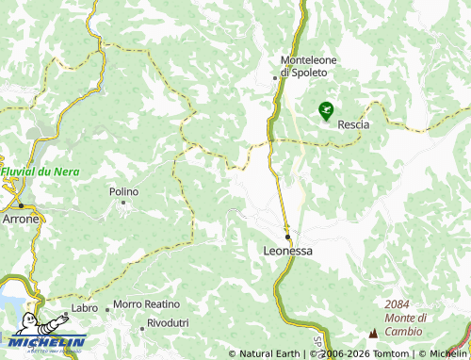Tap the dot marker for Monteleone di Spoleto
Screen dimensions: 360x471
[274, 77]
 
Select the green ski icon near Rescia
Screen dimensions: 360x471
[326, 110]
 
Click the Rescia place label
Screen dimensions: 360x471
[353, 123]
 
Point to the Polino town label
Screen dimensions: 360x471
[123, 191]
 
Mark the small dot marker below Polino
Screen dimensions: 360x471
[122, 203]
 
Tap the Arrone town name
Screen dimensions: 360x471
[21, 219]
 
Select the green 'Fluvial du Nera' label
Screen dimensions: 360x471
[25, 172]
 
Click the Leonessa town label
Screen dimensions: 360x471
[286, 252]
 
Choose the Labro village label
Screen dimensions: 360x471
[84, 308]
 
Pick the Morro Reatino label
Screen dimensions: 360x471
[146, 304]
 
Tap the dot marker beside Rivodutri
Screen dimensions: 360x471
[141, 326]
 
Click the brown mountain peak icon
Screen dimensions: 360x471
[373, 333]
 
